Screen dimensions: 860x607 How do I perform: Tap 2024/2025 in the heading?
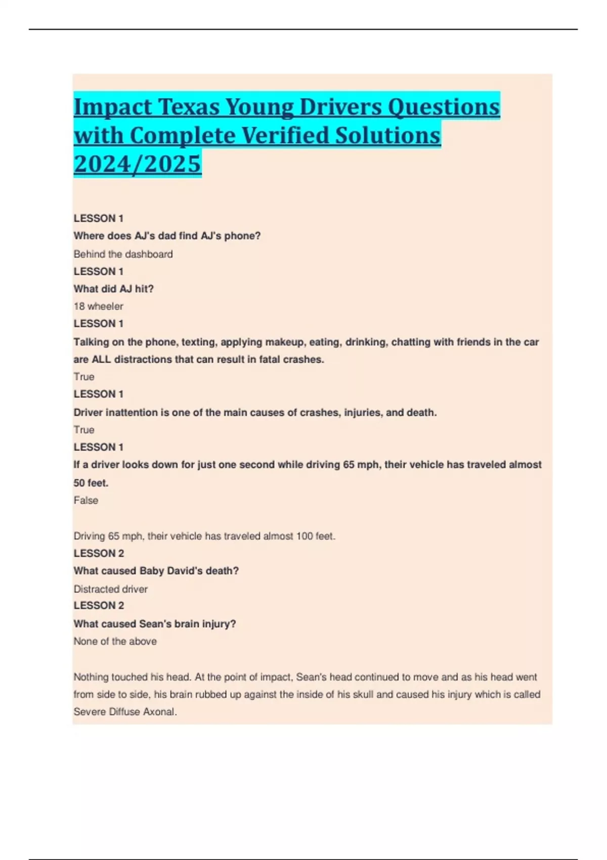pyautogui.click(x=138, y=163)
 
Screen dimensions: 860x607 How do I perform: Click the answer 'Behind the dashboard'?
pyautogui.click(x=123, y=254)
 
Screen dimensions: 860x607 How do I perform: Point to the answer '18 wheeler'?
pyautogui.click(x=98, y=306)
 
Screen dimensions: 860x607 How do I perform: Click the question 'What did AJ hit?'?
pyautogui.click(x=113, y=289)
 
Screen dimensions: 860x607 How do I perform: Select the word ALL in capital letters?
pyautogui.click(x=102, y=360)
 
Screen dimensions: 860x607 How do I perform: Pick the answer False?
pyautogui.click(x=85, y=500)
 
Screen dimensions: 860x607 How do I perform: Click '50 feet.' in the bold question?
pyautogui.click(x=91, y=483)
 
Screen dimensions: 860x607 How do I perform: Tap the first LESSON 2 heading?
pyautogui.click(x=99, y=553)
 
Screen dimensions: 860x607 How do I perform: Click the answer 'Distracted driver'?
pyautogui.click(x=110, y=589)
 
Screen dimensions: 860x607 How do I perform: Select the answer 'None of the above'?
pyautogui.click(x=115, y=641)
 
